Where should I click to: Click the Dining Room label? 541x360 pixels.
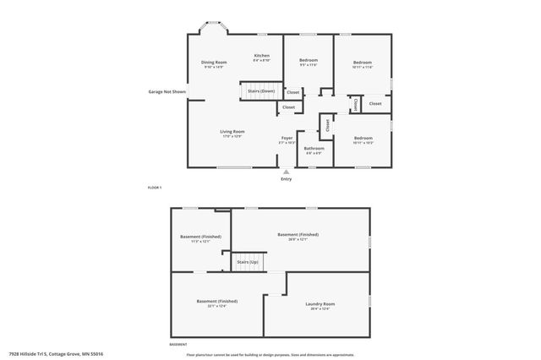click(214, 63)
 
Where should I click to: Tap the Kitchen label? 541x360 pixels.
click(262, 56)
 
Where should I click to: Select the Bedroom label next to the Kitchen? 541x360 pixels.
click(308, 60)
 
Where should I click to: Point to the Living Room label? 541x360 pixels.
click(232, 131)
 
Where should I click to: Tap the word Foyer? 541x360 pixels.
click(287, 138)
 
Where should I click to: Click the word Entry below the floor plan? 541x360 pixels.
click(286, 178)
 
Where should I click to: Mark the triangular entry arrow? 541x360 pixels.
click(286, 172)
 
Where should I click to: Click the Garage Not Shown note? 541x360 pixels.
click(167, 91)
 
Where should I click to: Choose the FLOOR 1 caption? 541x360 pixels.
click(154, 187)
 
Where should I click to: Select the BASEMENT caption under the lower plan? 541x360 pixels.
click(178, 345)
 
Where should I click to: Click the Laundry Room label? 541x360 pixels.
click(320, 303)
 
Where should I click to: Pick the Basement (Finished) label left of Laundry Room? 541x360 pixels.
click(216, 301)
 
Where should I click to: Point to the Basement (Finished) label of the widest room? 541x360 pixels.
click(298, 234)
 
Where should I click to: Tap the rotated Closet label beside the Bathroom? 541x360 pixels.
click(327, 125)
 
